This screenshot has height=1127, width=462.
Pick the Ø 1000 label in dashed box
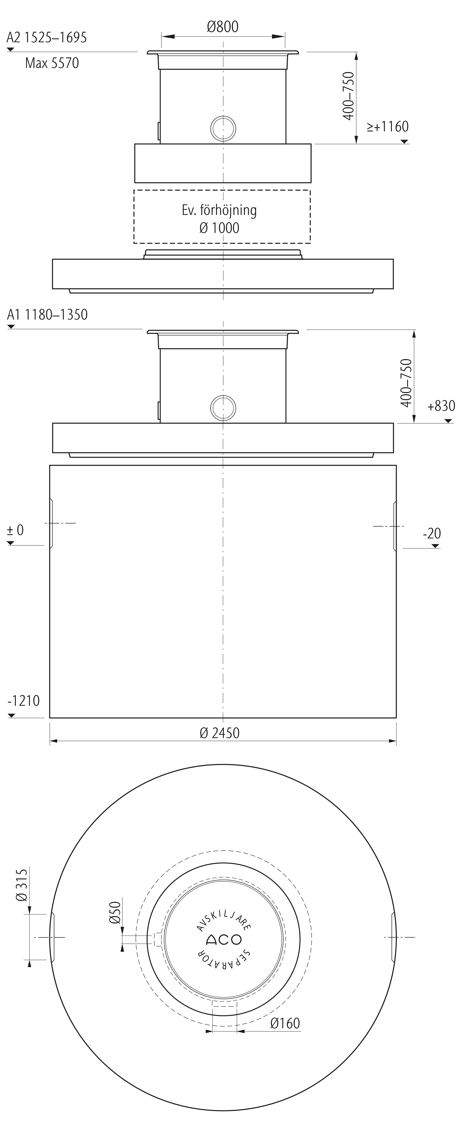[x=219, y=228]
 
